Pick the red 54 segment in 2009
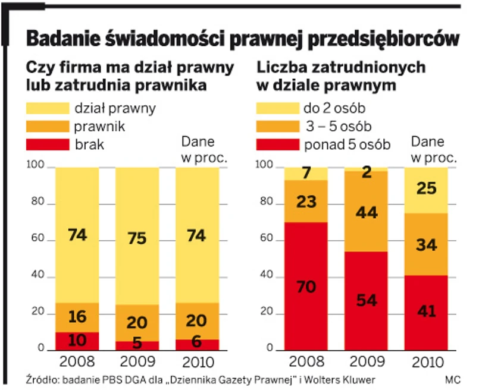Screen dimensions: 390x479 pyautogui.click(x=366, y=300)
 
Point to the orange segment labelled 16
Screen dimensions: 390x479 pyautogui.click(x=77, y=317)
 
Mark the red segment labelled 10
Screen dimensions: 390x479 pyautogui.click(x=77, y=341)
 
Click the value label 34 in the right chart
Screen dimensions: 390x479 pyautogui.click(x=426, y=244)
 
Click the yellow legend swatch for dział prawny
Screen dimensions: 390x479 pyautogui.click(x=47, y=108)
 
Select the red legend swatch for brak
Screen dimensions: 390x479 pyautogui.click(x=47, y=144)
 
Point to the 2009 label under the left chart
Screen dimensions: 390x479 pyautogui.click(x=137, y=361)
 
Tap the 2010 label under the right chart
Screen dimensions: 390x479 pyautogui.click(x=426, y=361)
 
